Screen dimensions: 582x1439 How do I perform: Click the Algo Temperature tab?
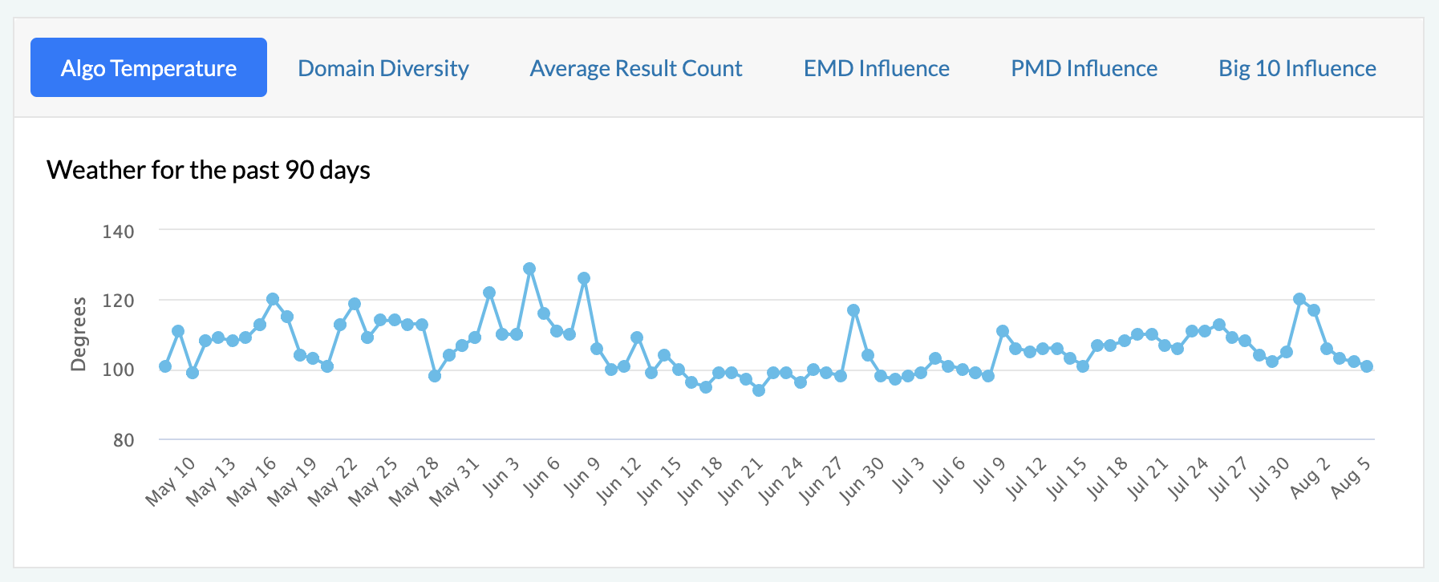[x=148, y=68]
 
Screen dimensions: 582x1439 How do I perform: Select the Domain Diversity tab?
[x=383, y=68]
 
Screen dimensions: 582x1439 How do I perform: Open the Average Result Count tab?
[x=636, y=68]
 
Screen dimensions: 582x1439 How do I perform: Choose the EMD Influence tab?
[x=877, y=68]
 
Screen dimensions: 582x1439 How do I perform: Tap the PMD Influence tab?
[x=1084, y=68]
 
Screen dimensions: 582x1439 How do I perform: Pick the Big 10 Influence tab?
[x=1297, y=68]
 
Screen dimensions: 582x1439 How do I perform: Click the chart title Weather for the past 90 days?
[x=209, y=170]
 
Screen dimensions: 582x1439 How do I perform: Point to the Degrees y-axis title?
[x=78, y=333]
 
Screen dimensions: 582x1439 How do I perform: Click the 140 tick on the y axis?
[x=119, y=232]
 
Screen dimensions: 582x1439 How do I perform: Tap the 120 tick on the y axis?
[x=119, y=301]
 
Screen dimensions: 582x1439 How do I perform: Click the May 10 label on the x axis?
[x=170, y=481]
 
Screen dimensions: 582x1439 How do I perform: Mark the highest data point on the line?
[x=529, y=269]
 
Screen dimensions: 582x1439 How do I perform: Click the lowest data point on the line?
[x=759, y=390]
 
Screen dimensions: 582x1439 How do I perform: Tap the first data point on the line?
[x=165, y=366]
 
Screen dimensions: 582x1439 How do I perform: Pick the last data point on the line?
[x=1367, y=366]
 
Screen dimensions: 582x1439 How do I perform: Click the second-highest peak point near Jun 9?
[x=584, y=278]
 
